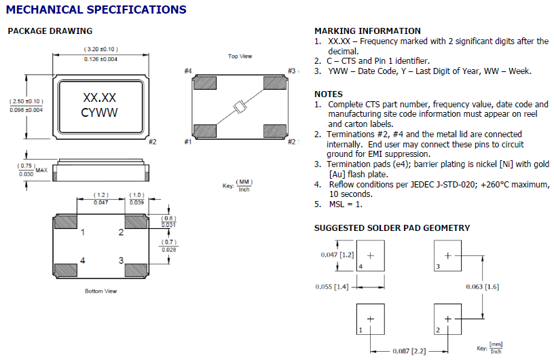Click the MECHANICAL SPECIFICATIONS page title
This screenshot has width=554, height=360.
(x=96, y=10)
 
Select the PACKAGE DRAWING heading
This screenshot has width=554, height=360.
(x=50, y=31)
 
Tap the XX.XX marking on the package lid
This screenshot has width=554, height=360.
(x=99, y=98)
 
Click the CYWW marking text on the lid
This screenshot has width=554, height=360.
(x=99, y=113)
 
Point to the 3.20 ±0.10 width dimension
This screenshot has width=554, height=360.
(x=100, y=50)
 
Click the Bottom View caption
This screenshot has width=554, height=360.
(x=102, y=291)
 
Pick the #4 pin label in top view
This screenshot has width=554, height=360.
(x=188, y=71)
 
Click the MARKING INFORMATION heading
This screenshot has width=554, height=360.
(x=367, y=31)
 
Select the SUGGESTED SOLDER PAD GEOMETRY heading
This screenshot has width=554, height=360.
(x=392, y=228)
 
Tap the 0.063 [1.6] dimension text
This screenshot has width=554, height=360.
(x=483, y=287)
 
